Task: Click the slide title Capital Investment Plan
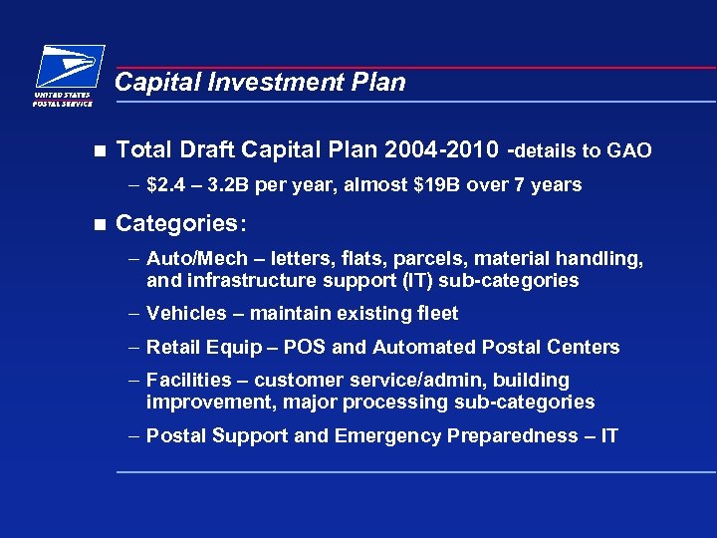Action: [x=260, y=83]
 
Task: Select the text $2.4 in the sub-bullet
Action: [x=164, y=185]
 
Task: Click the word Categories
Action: [x=177, y=223]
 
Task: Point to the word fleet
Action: [x=434, y=314]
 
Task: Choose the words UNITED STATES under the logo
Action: [x=62, y=96]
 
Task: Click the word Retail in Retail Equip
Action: [x=171, y=348]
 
